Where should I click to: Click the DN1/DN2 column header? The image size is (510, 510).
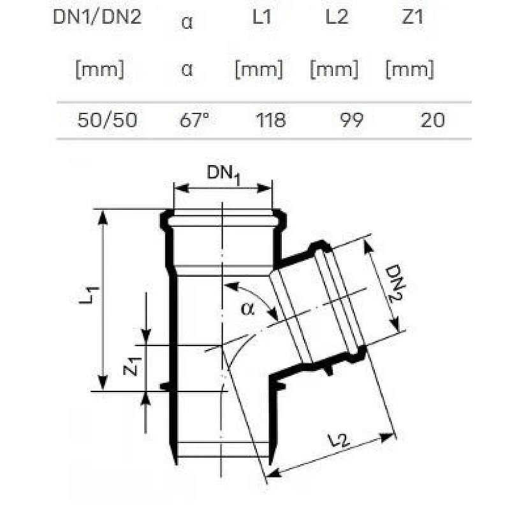(98, 17)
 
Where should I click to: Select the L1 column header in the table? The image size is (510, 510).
(262, 17)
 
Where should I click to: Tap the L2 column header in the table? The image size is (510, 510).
(337, 17)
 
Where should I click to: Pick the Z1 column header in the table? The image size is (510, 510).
(412, 17)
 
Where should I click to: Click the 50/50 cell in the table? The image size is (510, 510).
(107, 120)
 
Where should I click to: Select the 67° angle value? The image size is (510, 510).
(194, 120)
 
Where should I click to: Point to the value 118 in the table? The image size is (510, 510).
(270, 120)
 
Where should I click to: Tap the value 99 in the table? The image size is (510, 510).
(352, 120)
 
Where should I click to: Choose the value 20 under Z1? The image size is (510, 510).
(432, 120)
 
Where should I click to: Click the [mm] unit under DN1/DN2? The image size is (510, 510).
(100, 69)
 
